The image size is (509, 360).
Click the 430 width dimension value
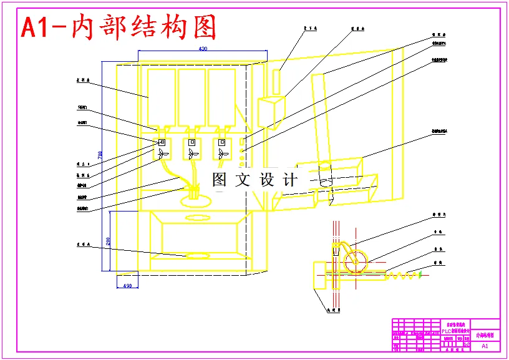coord(203,48)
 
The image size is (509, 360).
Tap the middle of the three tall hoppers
coord(191,96)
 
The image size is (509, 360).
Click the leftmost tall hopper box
coord(161,96)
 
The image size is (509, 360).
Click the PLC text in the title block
coord(448,331)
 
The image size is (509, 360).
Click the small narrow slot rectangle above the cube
coord(277,82)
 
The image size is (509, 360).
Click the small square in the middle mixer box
coord(191,142)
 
